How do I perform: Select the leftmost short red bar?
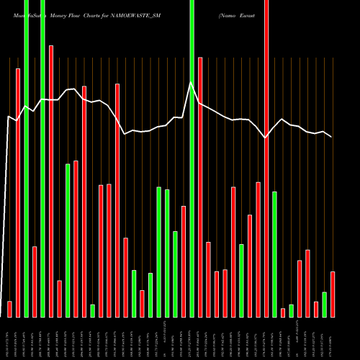pyautogui.click(x=9, y=309)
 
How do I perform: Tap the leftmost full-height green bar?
pyautogui.click(x=26, y=158)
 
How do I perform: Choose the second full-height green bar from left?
pyautogui.click(x=42, y=158)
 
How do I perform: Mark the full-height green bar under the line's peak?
pyautogui.click(x=192, y=158)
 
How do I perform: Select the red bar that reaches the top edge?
pyautogui.click(x=266, y=158)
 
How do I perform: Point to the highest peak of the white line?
pyautogui.click(x=191, y=83)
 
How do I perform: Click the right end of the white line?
pyautogui.click(x=332, y=137)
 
